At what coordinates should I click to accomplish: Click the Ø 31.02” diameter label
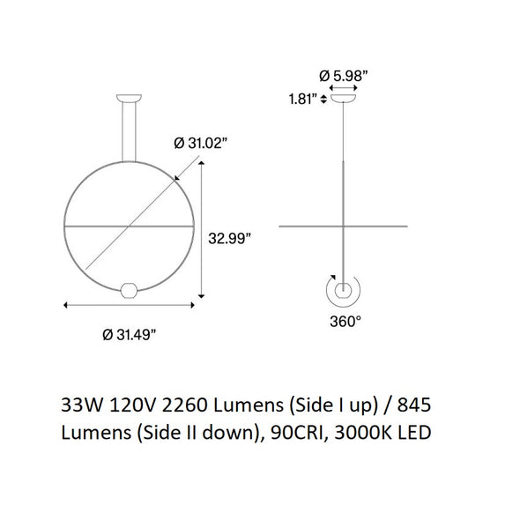tap(201, 144)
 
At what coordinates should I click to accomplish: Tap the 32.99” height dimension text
tap(229, 239)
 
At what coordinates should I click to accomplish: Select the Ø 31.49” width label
tap(130, 335)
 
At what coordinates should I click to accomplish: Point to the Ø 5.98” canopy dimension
tap(344, 76)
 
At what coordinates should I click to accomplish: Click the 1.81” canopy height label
tap(301, 99)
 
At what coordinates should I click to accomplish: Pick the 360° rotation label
tap(345, 321)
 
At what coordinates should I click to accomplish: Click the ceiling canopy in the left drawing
tap(129, 98)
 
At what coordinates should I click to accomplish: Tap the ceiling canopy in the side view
tap(343, 98)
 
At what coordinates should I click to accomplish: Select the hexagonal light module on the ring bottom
tap(130, 291)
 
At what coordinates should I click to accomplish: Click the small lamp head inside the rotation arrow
tap(343, 291)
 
